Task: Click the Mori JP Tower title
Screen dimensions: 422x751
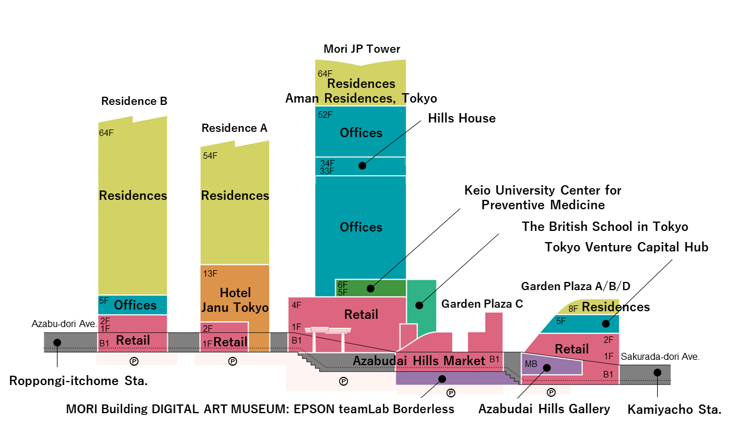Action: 361,49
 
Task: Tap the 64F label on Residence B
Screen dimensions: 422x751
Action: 106,133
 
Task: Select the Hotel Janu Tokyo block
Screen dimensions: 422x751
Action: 235,300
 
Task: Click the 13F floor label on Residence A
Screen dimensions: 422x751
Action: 210,274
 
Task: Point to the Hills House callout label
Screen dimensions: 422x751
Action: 461,118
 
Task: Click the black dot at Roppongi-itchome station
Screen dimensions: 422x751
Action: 57,342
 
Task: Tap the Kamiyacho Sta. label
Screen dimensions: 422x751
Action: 674,409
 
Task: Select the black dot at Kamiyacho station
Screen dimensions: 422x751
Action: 658,372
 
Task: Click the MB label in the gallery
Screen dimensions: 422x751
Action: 530,364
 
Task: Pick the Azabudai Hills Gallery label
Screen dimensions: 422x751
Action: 544,409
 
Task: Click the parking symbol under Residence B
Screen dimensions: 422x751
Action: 134,361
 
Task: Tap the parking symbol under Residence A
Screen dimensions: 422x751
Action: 232,361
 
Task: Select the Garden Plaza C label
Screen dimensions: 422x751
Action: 482,304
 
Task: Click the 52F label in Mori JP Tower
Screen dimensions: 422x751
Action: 325,115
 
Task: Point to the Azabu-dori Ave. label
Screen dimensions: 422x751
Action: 64,324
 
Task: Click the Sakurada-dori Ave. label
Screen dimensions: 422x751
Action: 660,356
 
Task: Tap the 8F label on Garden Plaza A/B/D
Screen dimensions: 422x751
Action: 573,308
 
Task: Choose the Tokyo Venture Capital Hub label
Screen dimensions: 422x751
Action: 626,247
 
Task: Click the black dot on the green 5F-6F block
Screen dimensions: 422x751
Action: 370,288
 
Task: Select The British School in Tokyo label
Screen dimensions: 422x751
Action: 605,227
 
